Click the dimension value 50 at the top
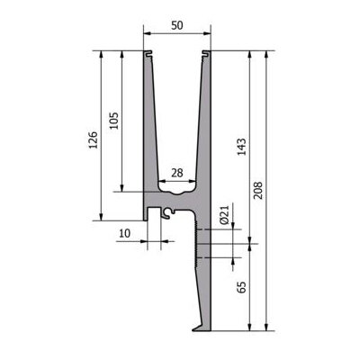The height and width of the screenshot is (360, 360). pos(177,25)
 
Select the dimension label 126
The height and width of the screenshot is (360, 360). pos(94,139)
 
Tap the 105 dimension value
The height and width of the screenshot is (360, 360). pos(114,121)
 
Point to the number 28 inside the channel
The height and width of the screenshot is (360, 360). pos(177,173)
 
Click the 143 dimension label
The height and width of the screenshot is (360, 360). pos(242,147)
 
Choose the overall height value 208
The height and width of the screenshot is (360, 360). pos(257,191)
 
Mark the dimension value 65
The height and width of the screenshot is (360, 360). pos(242,287)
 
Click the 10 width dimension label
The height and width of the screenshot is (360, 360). pos(125,233)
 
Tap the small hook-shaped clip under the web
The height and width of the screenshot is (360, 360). pos(167,212)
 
